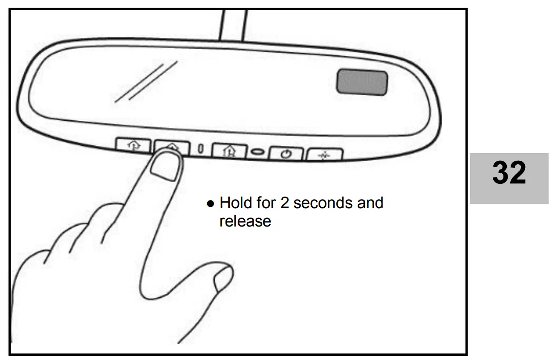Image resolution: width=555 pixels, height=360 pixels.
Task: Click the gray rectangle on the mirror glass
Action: pyautogui.click(x=362, y=83)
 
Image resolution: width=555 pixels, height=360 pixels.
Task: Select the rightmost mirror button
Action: pyautogui.click(x=324, y=154)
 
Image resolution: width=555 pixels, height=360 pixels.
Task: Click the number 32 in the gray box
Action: pyautogui.click(x=509, y=174)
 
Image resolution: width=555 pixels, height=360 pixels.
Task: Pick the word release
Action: pyautogui.click(x=245, y=221)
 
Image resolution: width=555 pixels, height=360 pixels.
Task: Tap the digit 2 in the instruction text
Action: pyautogui.click(x=285, y=203)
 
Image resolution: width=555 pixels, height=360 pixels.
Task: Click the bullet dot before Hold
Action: pyautogui.click(x=210, y=204)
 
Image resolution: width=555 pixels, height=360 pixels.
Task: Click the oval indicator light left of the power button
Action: pyautogui.click(x=257, y=151)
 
